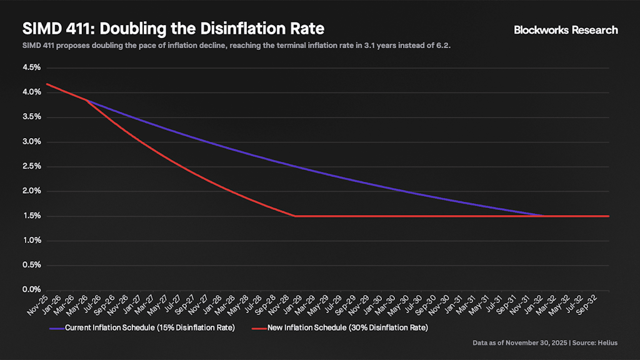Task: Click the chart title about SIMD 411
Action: (x=173, y=29)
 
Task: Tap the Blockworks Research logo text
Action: (x=566, y=29)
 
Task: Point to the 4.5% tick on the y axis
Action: (x=31, y=67)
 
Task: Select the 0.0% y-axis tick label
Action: (x=31, y=290)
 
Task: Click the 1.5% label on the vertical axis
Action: (x=31, y=216)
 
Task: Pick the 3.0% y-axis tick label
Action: (x=31, y=141)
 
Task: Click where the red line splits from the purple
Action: (x=87, y=100)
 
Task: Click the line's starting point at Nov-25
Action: (x=47, y=84)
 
